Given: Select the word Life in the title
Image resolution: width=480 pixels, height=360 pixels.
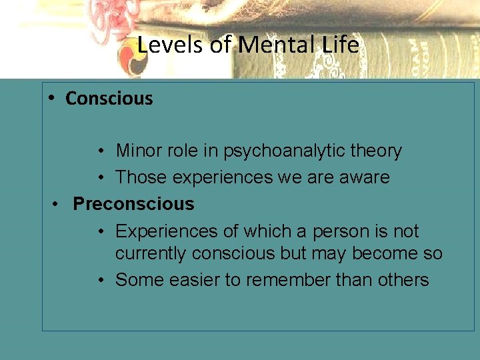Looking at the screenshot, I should pos(340,45).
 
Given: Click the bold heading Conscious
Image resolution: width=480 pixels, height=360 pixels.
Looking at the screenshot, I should pos(109,99).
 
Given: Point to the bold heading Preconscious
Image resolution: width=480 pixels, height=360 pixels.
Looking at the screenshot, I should pos(133,204).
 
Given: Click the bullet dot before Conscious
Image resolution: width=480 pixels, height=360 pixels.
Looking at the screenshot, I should pos(51,98).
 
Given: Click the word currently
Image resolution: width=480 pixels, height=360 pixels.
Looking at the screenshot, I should pos(151,254).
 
